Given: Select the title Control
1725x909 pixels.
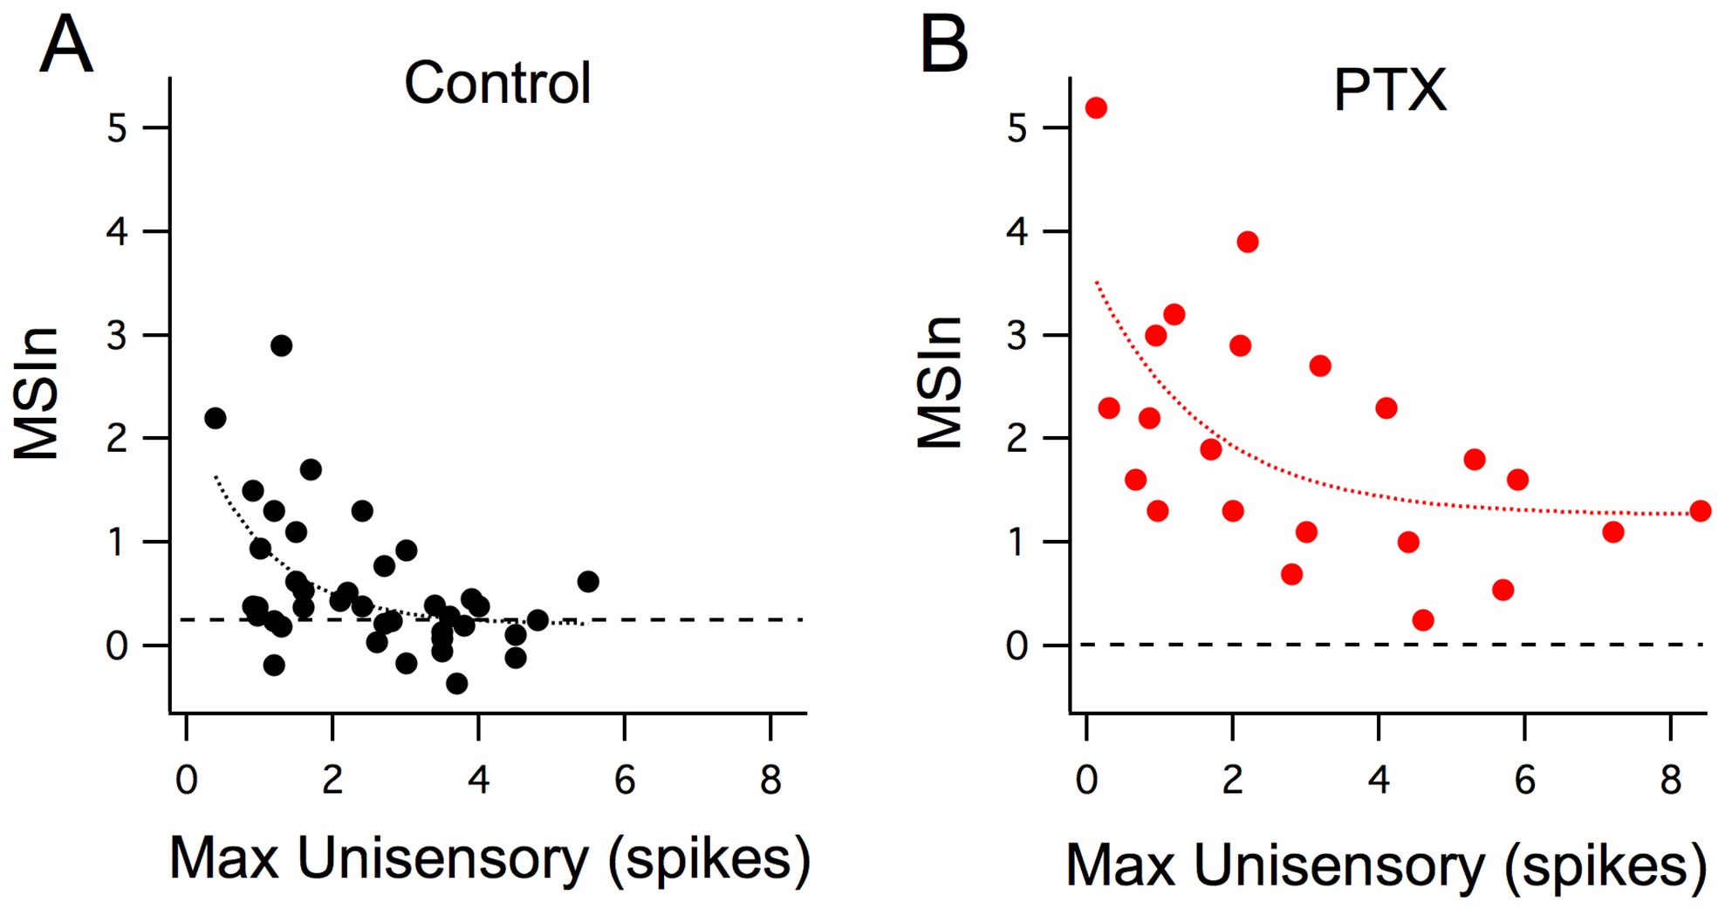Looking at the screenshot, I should tap(497, 84).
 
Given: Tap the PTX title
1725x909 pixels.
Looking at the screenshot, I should tap(1390, 90).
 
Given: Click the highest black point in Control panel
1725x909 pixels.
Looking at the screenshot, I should tap(281, 345).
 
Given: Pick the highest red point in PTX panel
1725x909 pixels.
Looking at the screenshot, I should tap(1096, 108).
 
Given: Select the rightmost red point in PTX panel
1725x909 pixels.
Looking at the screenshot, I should tap(1700, 511).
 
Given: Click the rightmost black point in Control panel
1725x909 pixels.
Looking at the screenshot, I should tap(588, 582).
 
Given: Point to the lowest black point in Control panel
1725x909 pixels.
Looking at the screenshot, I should tap(456, 684).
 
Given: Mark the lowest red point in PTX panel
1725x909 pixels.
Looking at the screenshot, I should tap(1423, 620).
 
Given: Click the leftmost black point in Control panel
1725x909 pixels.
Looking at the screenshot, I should tap(216, 419).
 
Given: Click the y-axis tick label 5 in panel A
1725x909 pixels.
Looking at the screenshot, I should tap(117, 129).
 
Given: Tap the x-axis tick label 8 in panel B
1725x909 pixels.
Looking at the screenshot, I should tap(1670, 779).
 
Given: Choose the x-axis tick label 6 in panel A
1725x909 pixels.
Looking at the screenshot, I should tap(625, 779).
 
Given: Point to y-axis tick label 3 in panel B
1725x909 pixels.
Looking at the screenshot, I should tap(1017, 336).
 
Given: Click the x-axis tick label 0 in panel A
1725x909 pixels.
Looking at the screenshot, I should tap(187, 779).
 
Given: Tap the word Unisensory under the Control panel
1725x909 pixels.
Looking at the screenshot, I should tap(442, 859).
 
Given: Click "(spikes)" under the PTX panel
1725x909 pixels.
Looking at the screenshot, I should tap(1605, 866).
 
